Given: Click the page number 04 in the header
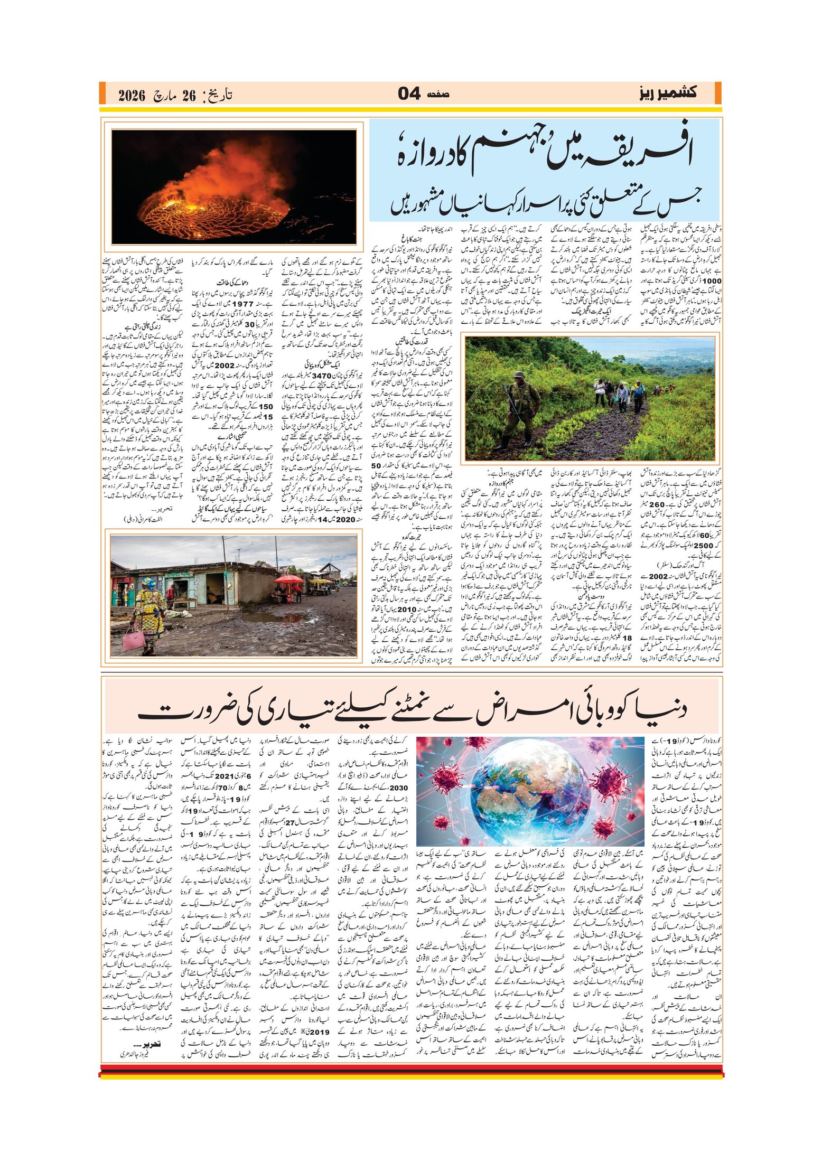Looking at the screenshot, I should pos(409,94).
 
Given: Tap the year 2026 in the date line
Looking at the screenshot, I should pos(132,96).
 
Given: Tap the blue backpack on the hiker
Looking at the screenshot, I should pos(639,391).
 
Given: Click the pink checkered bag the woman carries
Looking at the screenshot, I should pos(134,640).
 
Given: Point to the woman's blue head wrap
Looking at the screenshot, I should pos(148,583).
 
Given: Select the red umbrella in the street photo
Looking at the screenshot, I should pos(288,579).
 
